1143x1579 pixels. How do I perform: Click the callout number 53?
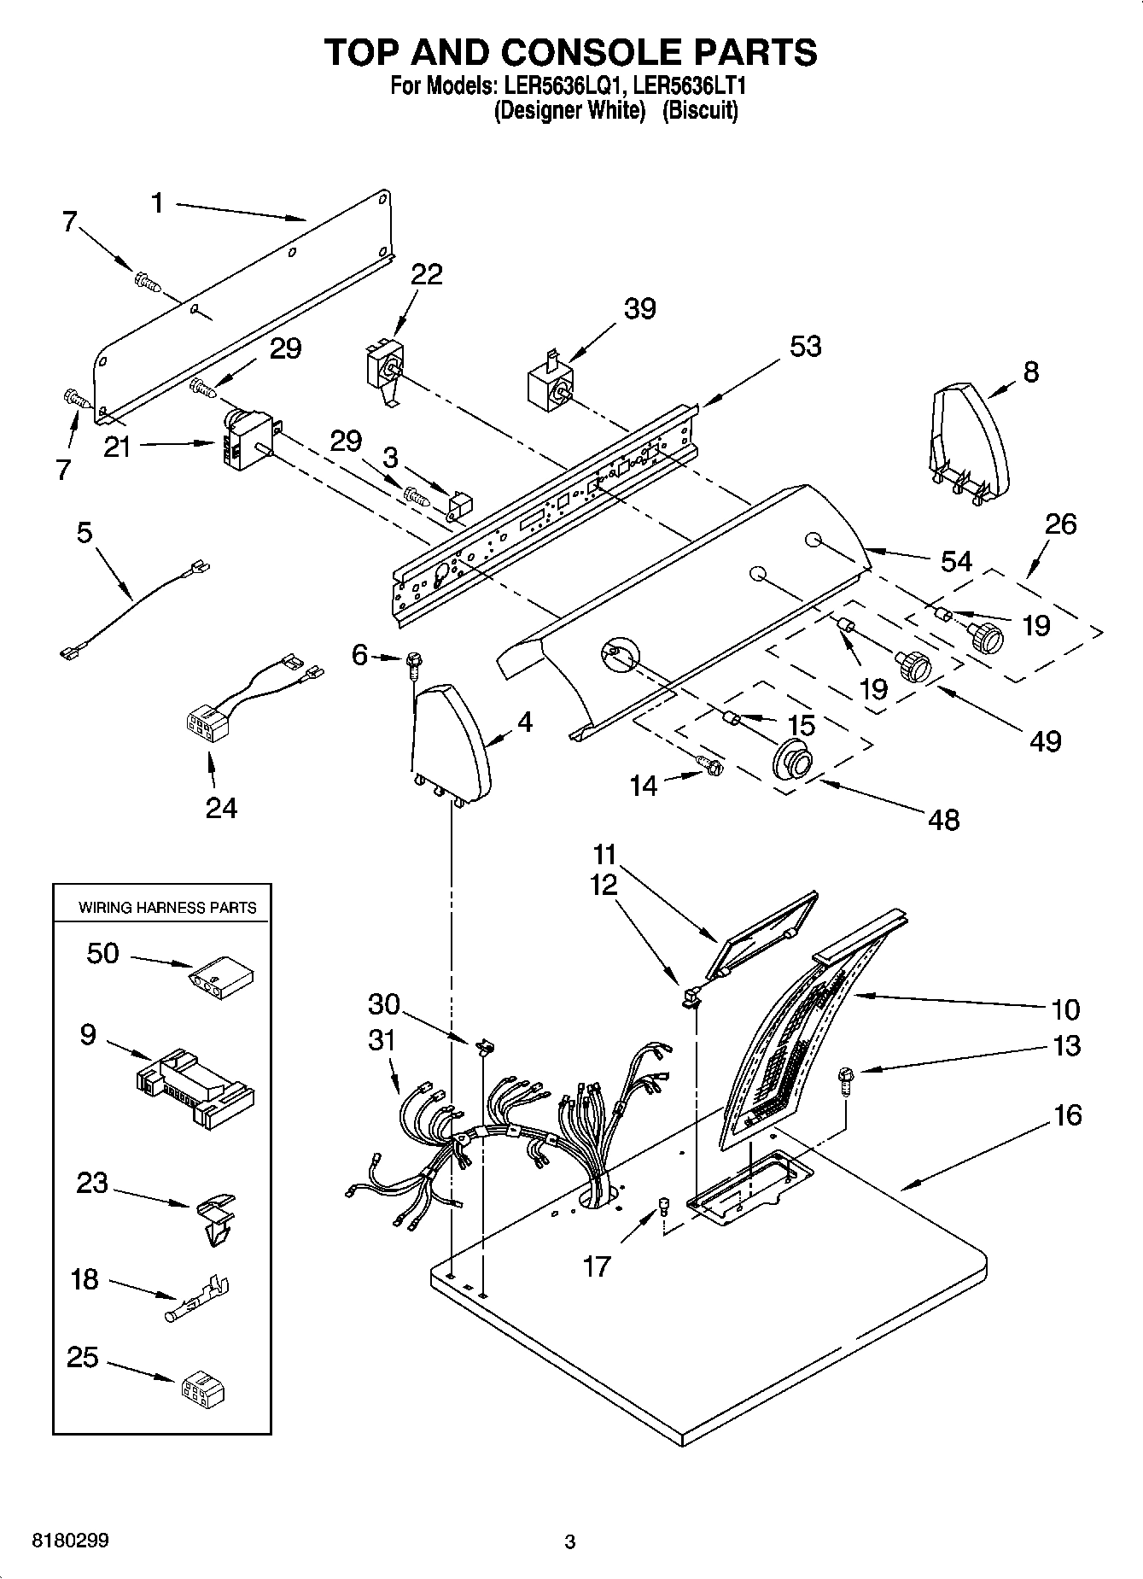pos(805,346)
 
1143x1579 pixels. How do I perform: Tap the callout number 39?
pos(639,308)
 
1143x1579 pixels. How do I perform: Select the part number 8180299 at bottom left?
pos(70,1541)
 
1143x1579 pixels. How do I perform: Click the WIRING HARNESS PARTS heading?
pos(167,908)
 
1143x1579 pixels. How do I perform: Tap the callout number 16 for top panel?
pos(1067,1114)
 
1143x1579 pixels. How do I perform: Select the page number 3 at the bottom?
pos(570,1542)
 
